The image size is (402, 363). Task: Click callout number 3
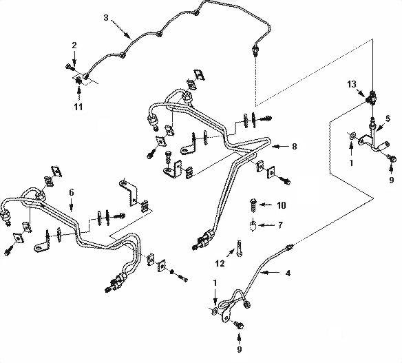[x=106, y=18]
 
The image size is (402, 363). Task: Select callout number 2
[x=74, y=45]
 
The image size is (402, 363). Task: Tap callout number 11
[x=78, y=107]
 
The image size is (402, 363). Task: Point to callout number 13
[x=352, y=84]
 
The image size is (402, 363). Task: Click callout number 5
[x=388, y=118]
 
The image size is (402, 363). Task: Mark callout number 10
[x=281, y=205]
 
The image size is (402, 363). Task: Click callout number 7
[x=280, y=225]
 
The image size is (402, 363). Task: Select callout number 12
[x=220, y=263]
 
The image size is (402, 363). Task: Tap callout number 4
[x=288, y=273]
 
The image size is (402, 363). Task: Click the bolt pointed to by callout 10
[x=253, y=205]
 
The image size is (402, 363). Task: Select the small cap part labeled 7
[x=253, y=226]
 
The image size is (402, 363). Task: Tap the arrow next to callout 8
[x=280, y=147]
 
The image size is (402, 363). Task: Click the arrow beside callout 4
[x=271, y=273]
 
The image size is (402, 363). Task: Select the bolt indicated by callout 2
[x=70, y=68]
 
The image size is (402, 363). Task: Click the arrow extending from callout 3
[x=120, y=29]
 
